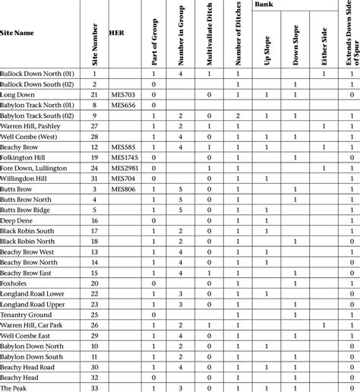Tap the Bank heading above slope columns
pos(264,5)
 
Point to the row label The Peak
pos(14,387)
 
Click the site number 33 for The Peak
pos(94,387)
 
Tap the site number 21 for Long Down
pos(94,93)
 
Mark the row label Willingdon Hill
pos(24,177)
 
